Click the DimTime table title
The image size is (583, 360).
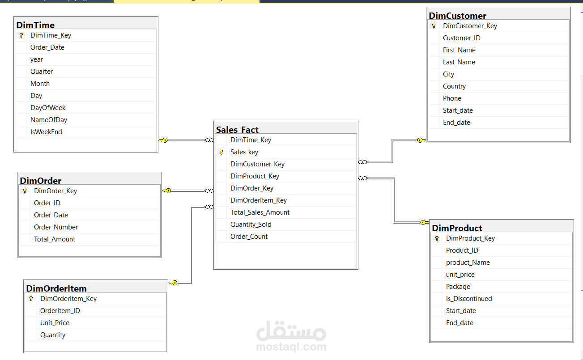click(35, 25)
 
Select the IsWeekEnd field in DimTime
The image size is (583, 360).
click(46, 132)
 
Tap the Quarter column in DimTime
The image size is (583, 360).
click(42, 72)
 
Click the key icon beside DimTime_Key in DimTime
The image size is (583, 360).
click(21, 35)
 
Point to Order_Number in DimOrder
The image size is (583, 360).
click(56, 227)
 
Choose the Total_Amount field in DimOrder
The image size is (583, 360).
click(55, 239)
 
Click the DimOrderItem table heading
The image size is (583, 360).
click(56, 288)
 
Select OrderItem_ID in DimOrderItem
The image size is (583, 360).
click(60, 310)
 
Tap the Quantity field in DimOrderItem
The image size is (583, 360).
click(53, 335)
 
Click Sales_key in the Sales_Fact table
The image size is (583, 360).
click(244, 152)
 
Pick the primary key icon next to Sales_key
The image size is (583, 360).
click(221, 152)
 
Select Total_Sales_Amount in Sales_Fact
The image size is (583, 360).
click(260, 212)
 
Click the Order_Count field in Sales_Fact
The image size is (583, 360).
click(249, 237)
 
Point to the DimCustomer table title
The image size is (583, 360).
click(458, 16)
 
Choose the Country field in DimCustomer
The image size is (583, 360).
click(454, 86)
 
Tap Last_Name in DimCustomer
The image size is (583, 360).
click(459, 62)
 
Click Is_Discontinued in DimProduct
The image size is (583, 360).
click(469, 299)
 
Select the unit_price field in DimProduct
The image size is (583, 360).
click(460, 275)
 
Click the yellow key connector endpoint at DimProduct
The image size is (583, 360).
click(425, 222)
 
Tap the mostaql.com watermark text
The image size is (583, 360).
click(291, 347)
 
